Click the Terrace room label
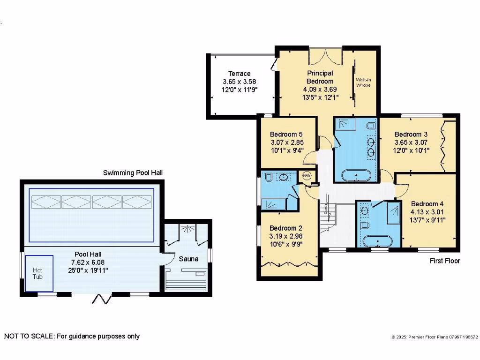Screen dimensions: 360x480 [x=239, y=74]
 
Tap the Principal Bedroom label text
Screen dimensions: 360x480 [x=320, y=77]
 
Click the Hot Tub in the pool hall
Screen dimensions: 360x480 [x=38, y=273]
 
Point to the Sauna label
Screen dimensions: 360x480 [x=188, y=259]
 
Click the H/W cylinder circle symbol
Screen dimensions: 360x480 [x=307, y=176]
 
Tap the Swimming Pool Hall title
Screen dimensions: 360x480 [x=133, y=173]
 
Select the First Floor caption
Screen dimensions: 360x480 [x=445, y=261]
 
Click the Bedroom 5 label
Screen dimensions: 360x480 [x=283, y=135]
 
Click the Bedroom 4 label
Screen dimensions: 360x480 [x=427, y=204]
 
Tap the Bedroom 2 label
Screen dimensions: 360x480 [x=283, y=228]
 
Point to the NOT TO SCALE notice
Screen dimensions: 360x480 [x=72, y=336]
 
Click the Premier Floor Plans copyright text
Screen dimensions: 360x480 [x=435, y=337]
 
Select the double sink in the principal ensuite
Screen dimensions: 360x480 [x=371, y=146]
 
